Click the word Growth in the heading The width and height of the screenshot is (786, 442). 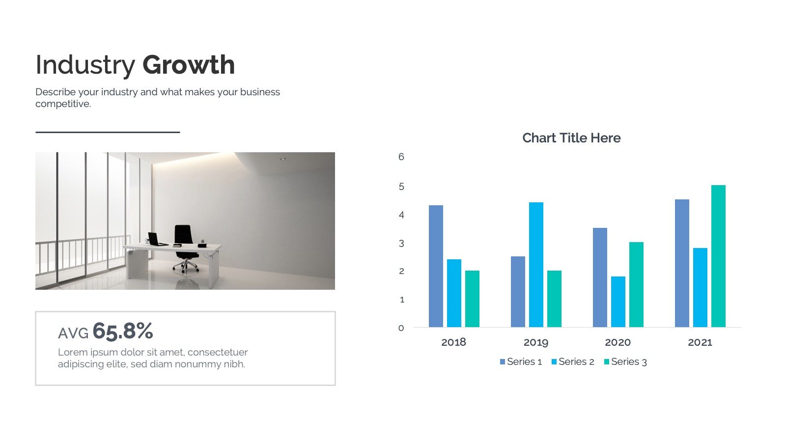[189, 65]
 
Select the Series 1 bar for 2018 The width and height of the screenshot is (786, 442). [436, 266]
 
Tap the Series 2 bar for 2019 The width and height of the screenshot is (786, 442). [536, 265]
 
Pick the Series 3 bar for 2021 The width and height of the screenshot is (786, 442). [718, 256]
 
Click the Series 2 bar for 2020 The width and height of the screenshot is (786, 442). [618, 302]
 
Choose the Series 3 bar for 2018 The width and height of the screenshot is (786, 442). [472, 299]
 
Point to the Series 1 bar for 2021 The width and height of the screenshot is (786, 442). [682, 263]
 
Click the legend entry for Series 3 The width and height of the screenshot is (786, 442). [625, 361]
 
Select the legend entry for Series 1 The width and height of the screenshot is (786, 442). [521, 361]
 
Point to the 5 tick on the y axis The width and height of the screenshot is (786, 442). [401, 187]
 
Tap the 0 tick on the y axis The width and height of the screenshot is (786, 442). [401, 329]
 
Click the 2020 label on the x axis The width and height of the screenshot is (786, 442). [618, 342]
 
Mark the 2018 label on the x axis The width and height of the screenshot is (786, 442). [454, 342]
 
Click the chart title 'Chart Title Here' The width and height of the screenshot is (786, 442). [571, 138]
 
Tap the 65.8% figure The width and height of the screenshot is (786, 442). [123, 331]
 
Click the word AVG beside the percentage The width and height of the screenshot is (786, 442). [73, 333]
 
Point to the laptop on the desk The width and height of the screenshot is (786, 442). [157, 239]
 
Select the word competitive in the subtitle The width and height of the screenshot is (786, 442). [63, 104]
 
